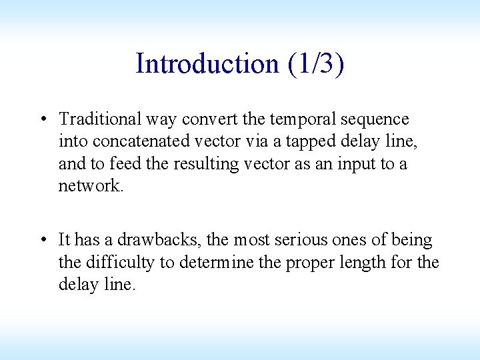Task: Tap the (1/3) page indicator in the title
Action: coord(317,64)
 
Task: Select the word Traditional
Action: coord(104,119)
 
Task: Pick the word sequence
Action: coord(375,119)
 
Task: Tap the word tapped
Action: coord(308,141)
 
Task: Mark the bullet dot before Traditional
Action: coord(43,120)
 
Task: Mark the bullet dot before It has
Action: coord(43,240)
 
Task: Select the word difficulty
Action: coord(123,262)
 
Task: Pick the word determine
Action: coord(215,262)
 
